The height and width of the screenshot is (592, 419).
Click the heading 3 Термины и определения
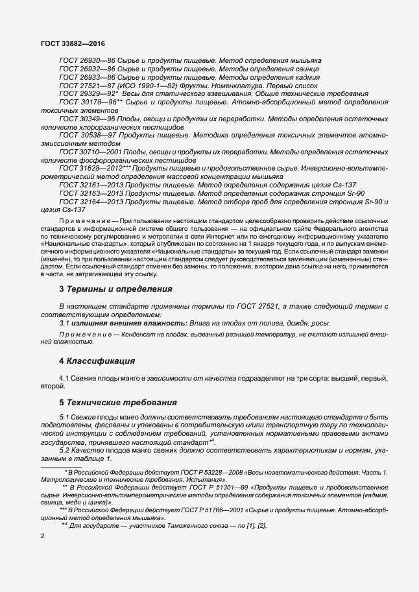click(115, 289)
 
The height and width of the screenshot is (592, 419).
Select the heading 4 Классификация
click(97, 361)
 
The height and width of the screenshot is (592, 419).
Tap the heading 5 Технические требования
click(118, 403)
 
